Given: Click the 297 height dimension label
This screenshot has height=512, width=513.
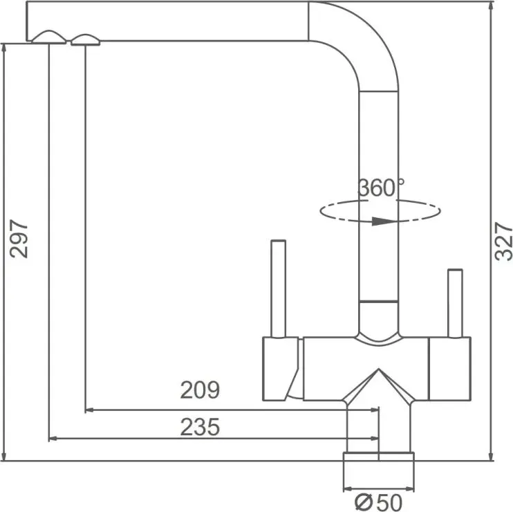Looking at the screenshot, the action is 19,239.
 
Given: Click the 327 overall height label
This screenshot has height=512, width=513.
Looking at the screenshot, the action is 503,241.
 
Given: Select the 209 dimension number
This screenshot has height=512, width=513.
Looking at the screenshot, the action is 200,390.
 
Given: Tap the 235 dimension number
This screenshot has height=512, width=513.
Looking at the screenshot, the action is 200,427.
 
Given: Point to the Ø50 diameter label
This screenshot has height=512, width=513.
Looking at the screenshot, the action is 379,502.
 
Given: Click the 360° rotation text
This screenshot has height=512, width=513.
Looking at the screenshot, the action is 381,188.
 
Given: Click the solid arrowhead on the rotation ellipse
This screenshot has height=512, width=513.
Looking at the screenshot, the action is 384,221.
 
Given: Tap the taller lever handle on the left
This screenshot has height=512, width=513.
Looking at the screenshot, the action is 279,289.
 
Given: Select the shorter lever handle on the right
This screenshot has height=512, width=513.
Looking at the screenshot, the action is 455,303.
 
